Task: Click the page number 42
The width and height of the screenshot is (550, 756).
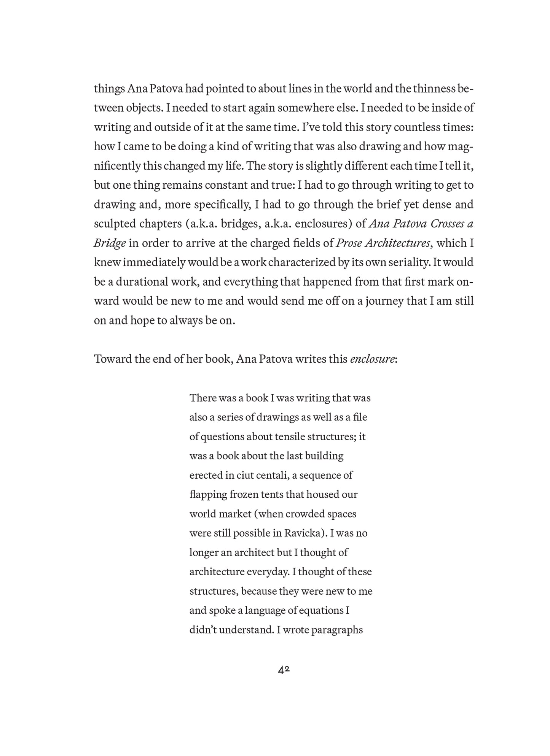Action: coord(284,670)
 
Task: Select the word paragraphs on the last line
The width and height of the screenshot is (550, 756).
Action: coord(337,630)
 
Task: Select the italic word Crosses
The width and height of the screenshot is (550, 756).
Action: coord(447,224)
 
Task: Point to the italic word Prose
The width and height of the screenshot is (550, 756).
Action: coord(349,243)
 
